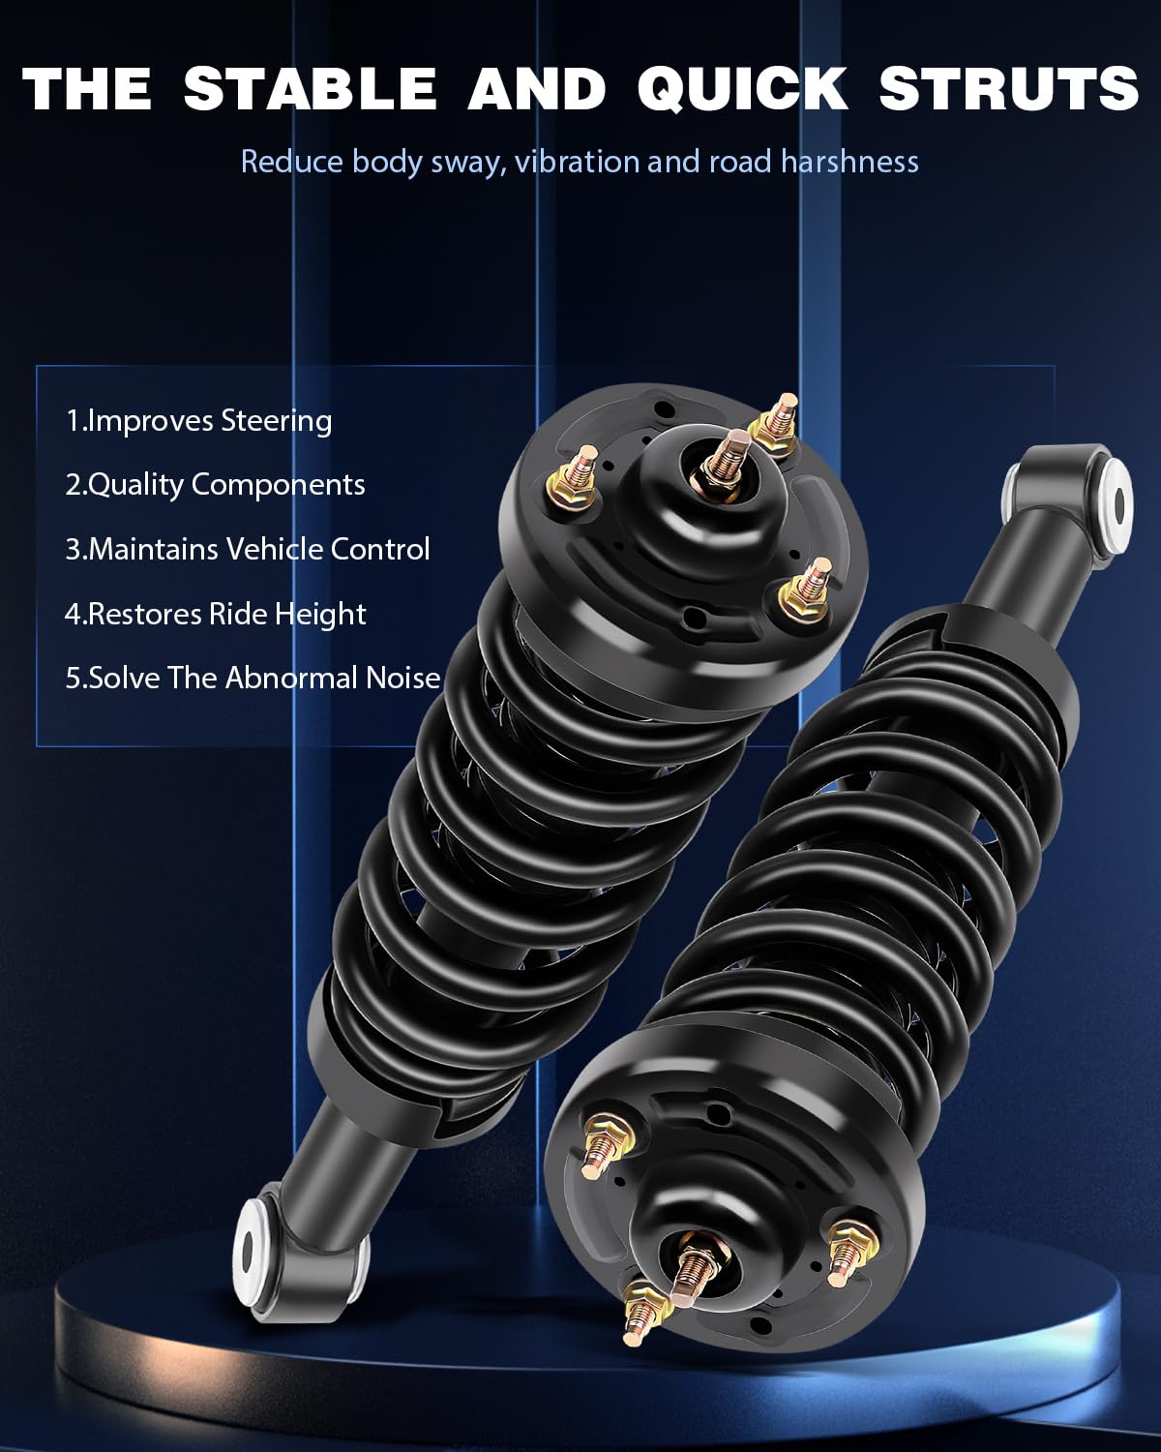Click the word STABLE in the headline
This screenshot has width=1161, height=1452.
click(311, 88)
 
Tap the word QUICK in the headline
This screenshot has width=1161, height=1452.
click(741, 88)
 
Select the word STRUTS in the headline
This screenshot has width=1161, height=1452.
click(1008, 88)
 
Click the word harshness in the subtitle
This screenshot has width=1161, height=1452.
click(849, 162)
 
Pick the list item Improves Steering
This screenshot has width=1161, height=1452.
click(198, 421)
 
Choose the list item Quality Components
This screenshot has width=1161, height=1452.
click(215, 486)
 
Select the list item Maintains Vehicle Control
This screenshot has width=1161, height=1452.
click(248, 549)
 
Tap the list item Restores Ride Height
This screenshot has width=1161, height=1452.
click(215, 615)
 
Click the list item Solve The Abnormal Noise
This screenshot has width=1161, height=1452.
click(253, 679)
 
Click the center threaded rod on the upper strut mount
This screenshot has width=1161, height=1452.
click(728, 457)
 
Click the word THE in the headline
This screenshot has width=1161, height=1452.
click(86, 88)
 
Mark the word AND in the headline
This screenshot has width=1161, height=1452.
click(537, 88)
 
